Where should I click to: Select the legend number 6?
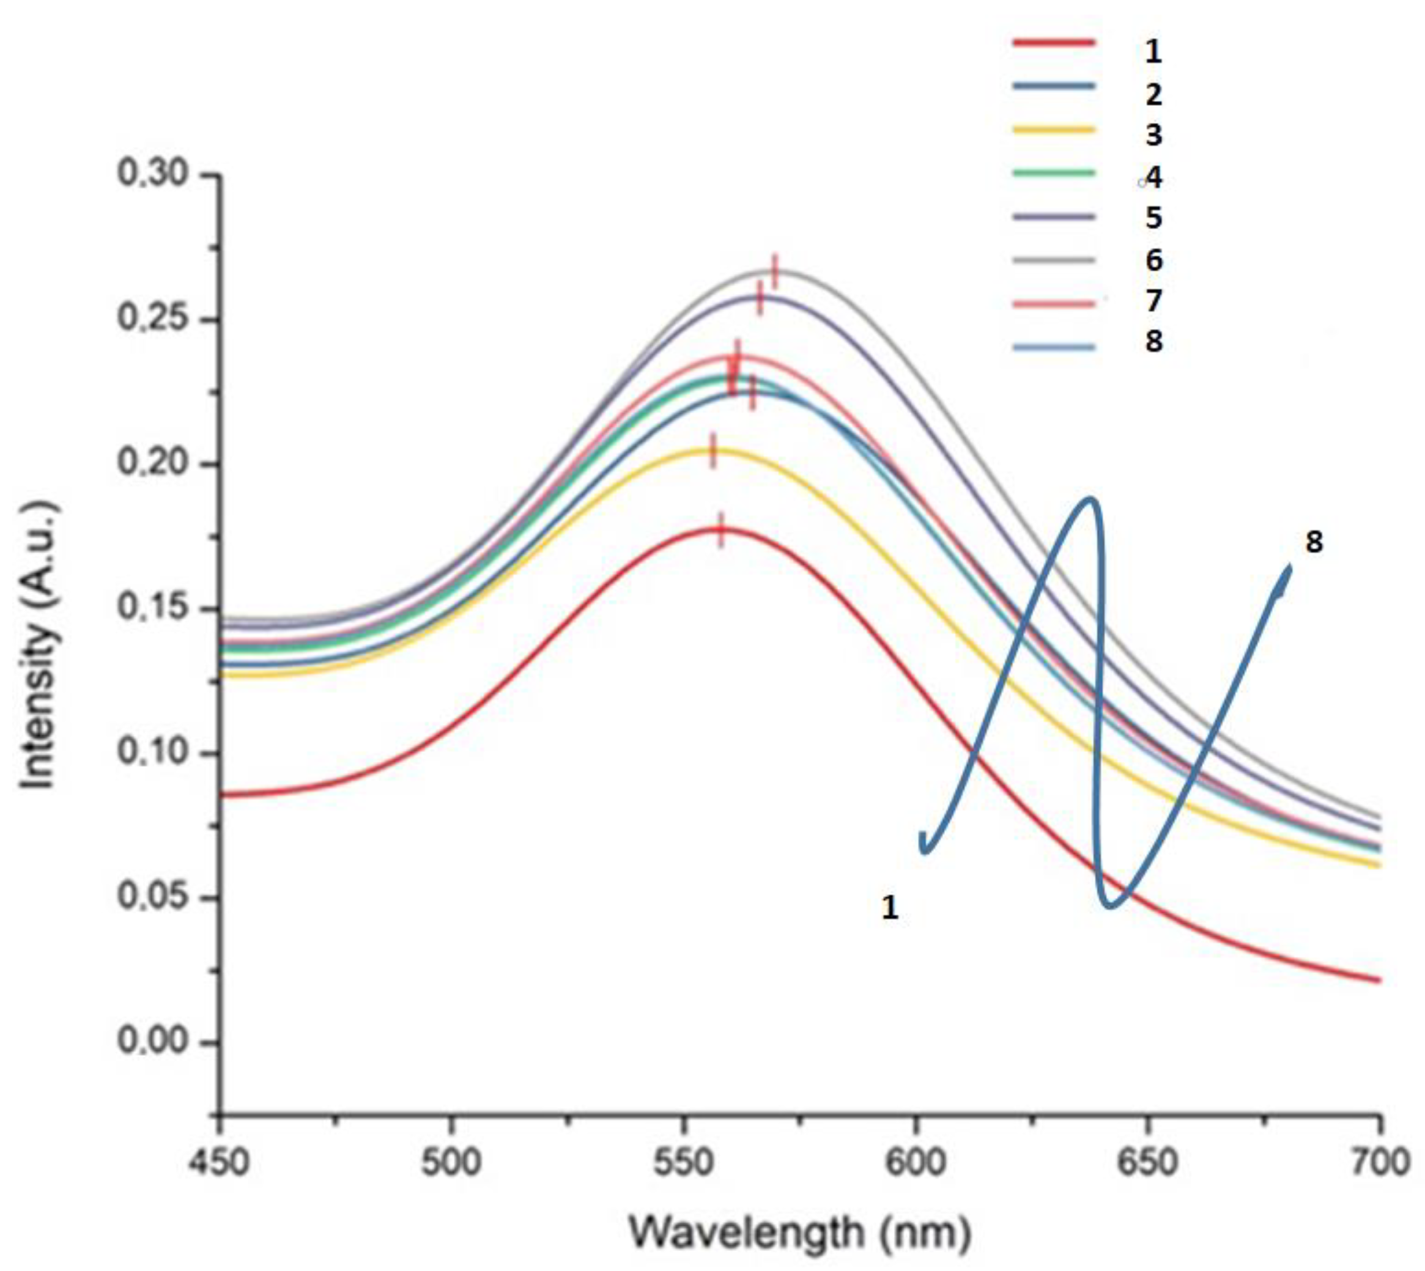click(1153, 260)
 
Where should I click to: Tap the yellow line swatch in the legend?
click(1053, 129)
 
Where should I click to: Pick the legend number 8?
click(1153, 342)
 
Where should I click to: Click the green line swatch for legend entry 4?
click(1053, 172)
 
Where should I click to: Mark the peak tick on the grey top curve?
click(774, 271)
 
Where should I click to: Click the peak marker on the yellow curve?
click(712, 451)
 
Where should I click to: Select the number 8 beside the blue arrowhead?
click(1314, 543)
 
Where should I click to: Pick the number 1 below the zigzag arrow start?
click(889, 907)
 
